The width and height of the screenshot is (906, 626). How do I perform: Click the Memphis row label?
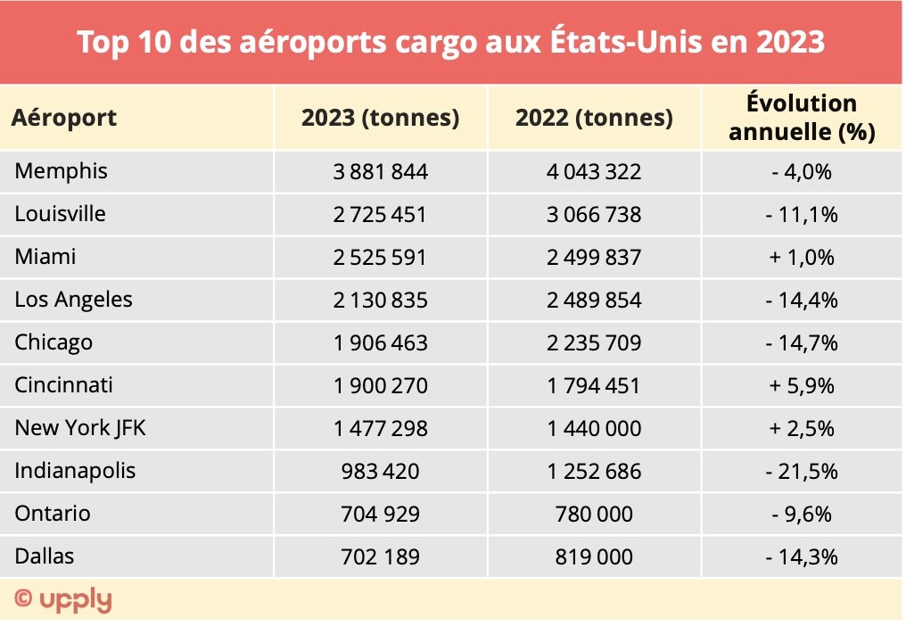click(61, 171)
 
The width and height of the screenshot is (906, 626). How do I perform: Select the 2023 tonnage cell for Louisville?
click(381, 215)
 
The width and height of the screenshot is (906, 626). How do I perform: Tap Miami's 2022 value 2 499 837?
click(594, 258)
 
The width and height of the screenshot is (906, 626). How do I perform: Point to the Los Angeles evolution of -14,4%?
click(802, 301)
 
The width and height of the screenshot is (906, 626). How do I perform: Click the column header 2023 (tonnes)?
click(381, 118)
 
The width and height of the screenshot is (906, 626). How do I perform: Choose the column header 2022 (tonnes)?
click(594, 118)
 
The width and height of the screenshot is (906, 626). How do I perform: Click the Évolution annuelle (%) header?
click(802, 118)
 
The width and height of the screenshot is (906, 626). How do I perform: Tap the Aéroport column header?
click(64, 118)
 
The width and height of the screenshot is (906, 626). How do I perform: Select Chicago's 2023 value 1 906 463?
click(381, 343)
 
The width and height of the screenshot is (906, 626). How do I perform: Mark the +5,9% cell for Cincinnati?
click(802, 386)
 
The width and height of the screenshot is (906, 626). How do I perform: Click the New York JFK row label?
click(80, 429)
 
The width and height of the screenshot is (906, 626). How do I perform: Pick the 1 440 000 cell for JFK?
click(594, 429)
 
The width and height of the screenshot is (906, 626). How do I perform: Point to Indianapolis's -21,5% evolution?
click(802, 472)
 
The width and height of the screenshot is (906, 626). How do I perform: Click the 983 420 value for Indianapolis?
click(381, 472)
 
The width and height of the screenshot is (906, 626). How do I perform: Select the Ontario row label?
click(53, 515)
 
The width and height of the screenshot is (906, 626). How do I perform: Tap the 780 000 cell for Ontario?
click(594, 515)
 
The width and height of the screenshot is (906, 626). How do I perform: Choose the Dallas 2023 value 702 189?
click(381, 557)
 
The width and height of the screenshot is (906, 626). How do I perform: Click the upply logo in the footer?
click(64, 599)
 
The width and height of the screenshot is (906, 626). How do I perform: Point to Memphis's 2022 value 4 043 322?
click(594, 172)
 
